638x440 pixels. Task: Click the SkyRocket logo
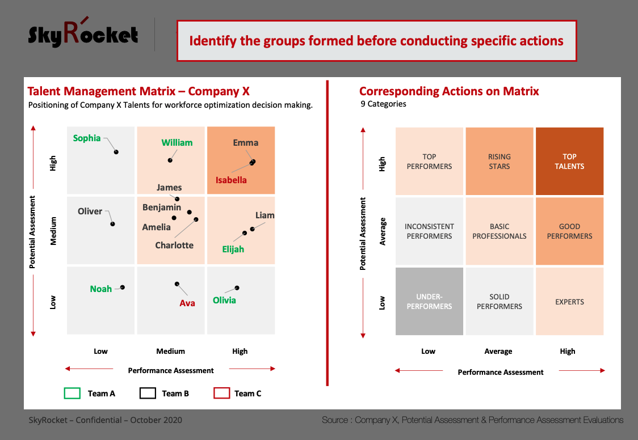[83, 32]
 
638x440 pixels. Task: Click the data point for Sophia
[116, 152]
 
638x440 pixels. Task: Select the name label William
[177, 143]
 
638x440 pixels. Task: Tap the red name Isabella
[231, 180]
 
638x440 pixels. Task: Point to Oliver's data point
[113, 224]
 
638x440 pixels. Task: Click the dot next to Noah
[123, 287]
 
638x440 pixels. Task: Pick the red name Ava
[187, 303]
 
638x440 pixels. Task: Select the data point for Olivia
[237, 288]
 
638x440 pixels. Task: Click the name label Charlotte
[174, 246]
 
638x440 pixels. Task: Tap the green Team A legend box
[72, 394]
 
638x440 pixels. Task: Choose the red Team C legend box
[222, 394]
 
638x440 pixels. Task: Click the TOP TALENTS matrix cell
[569, 161]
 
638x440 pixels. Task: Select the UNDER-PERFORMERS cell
[429, 302]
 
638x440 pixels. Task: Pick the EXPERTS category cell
[569, 302]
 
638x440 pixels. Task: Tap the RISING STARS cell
[500, 161]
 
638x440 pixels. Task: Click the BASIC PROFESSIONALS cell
[500, 231]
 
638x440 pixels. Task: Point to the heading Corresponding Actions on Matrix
[449, 91]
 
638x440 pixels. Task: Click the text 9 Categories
[383, 104]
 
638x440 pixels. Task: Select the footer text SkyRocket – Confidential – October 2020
[106, 420]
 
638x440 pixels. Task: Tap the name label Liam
[265, 215]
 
